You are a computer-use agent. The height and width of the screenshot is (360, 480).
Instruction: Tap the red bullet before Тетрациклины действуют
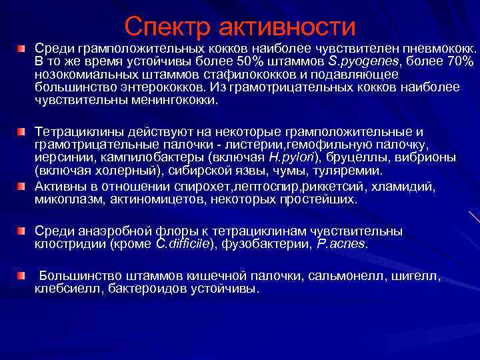click(x=22, y=127)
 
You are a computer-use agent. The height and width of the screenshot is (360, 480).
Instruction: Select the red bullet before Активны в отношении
click(x=22, y=182)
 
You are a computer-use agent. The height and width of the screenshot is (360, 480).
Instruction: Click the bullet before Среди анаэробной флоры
click(x=22, y=230)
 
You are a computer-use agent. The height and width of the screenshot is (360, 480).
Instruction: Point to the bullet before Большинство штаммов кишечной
click(x=22, y=275)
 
